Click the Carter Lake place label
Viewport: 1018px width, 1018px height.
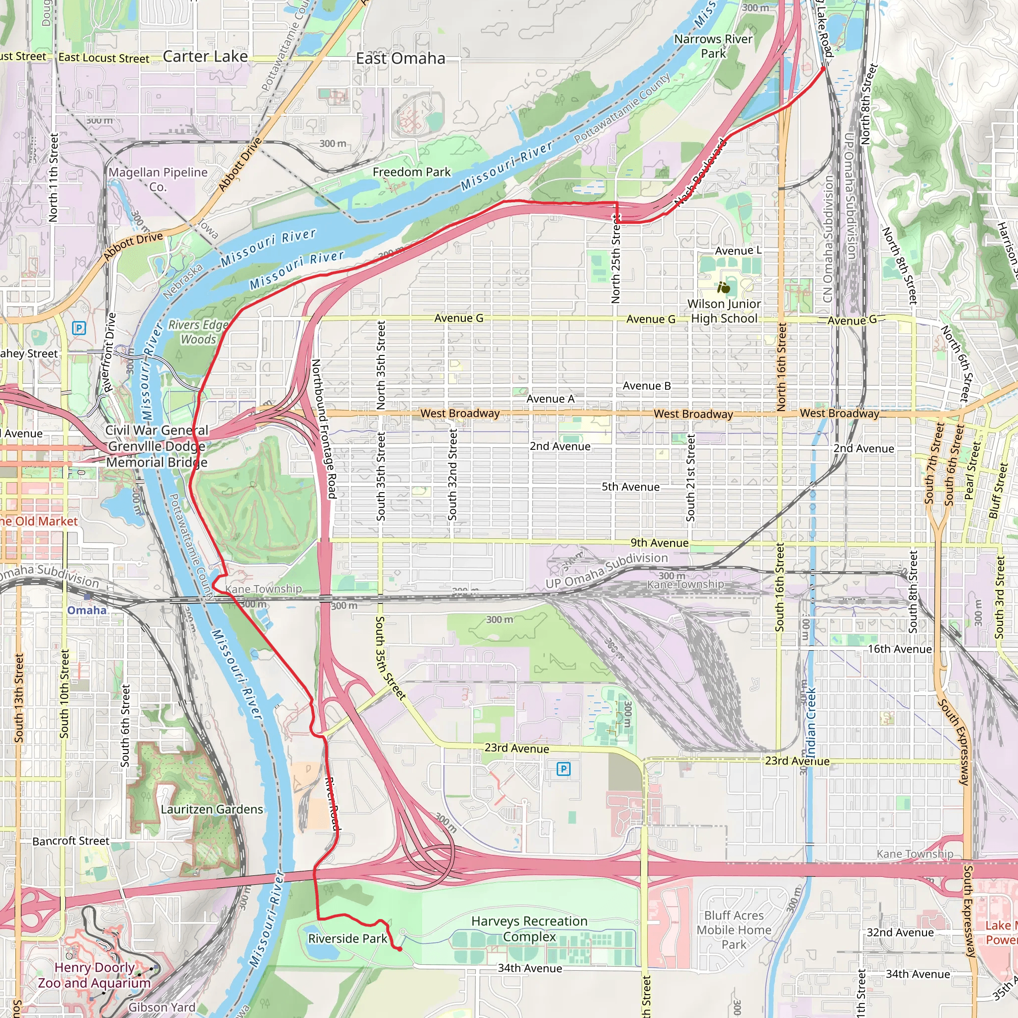coord(205,56)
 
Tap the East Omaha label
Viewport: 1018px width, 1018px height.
coord(401,59)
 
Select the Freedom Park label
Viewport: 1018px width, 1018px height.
coord(412,172)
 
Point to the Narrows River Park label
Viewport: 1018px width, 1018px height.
coord(713,46)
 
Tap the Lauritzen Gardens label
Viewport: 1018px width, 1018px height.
coord(212,809)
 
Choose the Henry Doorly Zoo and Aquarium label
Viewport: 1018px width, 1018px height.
coord(94,975)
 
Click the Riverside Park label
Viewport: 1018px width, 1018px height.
coord(348,938)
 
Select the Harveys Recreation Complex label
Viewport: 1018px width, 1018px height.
coord(529,929)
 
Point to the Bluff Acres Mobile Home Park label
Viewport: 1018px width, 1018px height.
coord(734,930)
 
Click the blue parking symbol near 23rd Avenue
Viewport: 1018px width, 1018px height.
coord(563,769)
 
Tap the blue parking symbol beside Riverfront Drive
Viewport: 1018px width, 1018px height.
coord(79,328)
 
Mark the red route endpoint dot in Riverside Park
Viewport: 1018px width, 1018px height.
coord(400,949)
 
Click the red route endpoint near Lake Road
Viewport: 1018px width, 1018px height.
coord(824,68)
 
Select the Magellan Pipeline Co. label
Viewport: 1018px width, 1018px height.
coord(158,179)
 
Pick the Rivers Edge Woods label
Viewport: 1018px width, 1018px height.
coord(198,332)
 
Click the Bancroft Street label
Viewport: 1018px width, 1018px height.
coord(71,841)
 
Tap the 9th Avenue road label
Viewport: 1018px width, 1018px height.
coord(659,543)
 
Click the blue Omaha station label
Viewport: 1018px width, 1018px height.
coord(87,610)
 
